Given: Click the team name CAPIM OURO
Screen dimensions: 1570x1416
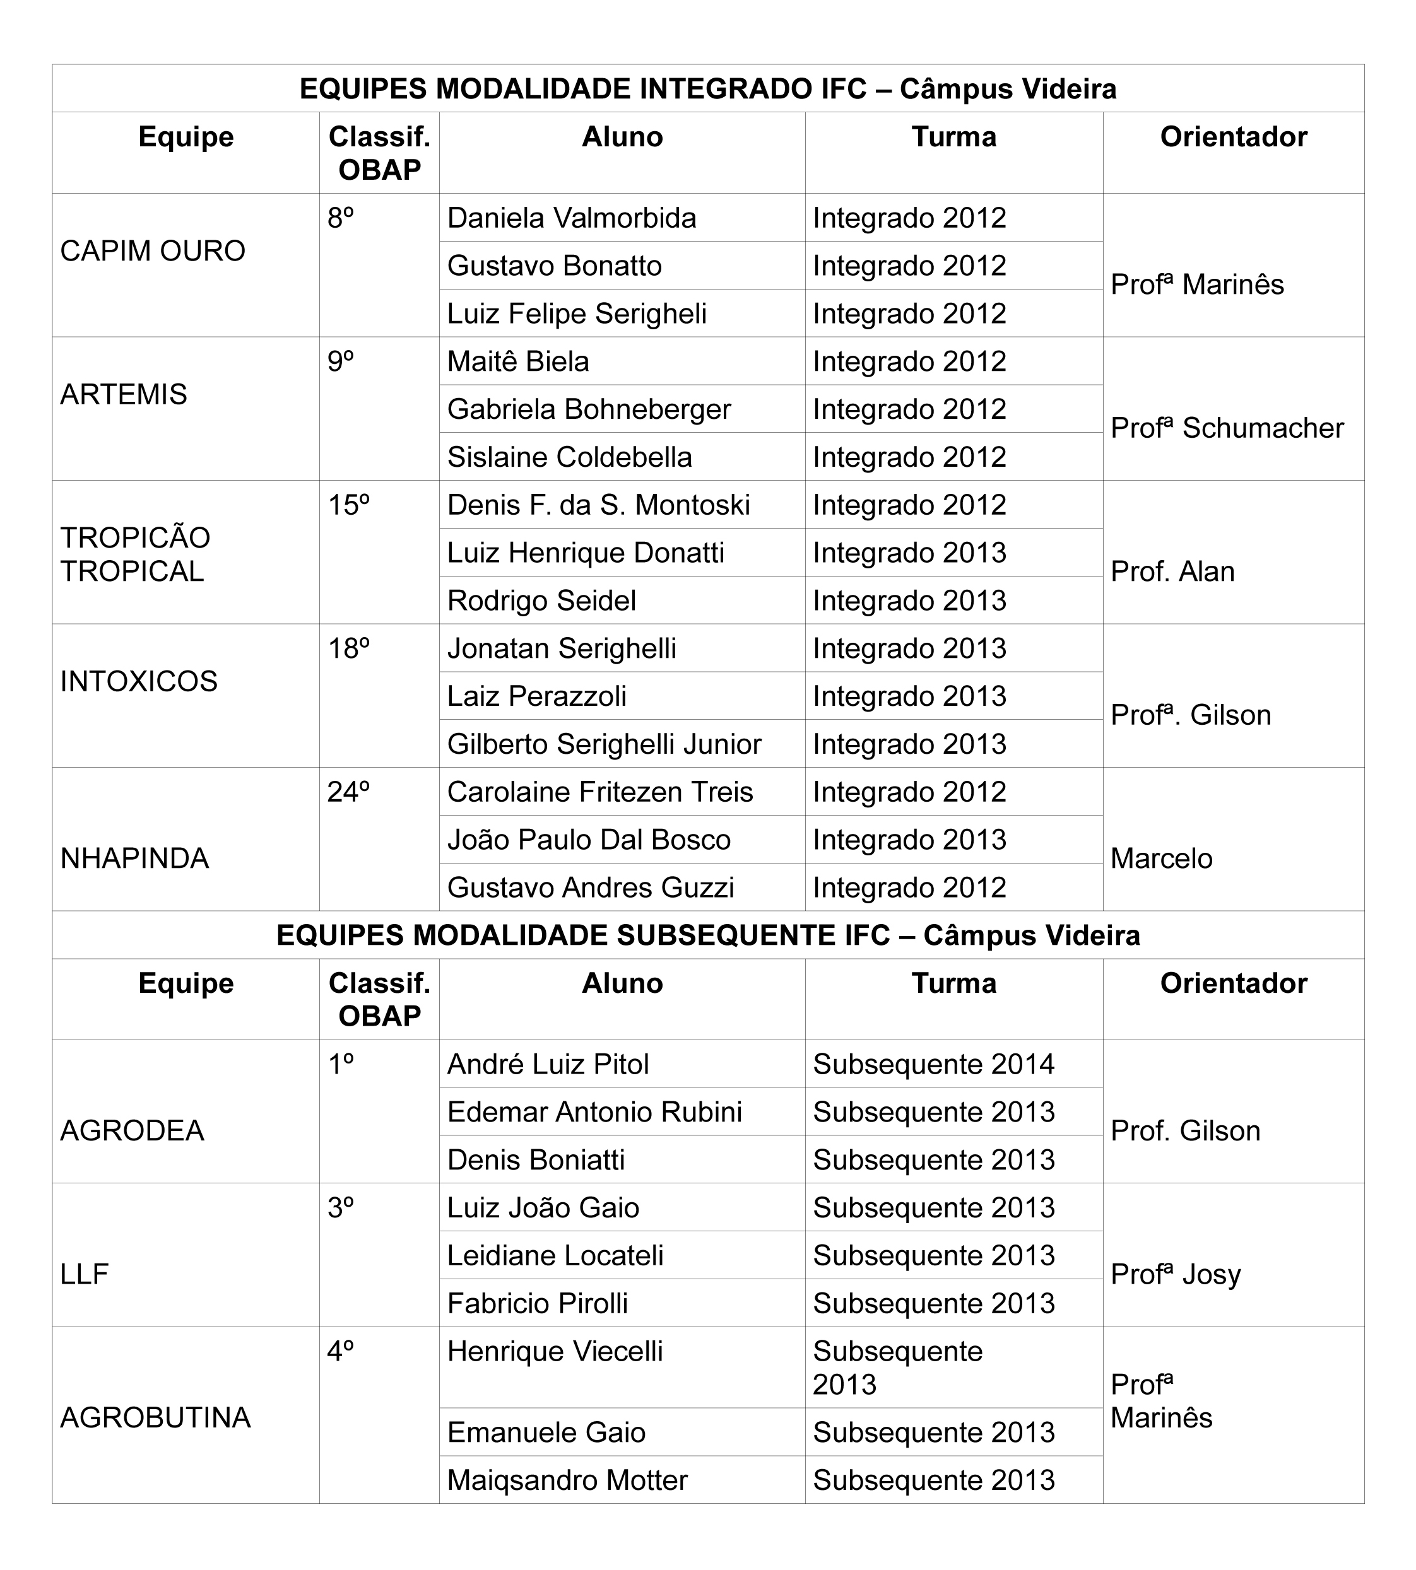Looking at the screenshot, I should coord(153,251).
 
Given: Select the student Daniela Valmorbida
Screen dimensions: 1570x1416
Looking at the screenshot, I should coord(571,218).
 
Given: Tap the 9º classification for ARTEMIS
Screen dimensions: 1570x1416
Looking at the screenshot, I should coord(341,361).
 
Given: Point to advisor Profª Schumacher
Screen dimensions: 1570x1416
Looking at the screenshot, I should coord(1227,428).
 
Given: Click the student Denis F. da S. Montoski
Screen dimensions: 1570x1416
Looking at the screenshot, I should coord(598,505).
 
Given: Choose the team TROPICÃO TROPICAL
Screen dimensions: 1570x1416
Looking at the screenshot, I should coord(136,554).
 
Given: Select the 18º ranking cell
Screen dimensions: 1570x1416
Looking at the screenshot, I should coord(348,648).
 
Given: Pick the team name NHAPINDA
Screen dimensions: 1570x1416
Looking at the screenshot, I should coord(134,858).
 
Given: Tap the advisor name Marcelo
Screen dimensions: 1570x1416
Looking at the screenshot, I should coord(1162,858).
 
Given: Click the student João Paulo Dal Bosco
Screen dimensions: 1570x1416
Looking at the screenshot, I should coord(589,840).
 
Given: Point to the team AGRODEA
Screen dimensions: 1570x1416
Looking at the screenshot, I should coord(133,1130).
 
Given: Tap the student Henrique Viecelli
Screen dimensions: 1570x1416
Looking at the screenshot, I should coord(555,1352).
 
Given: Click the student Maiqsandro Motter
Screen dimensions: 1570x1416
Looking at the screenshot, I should coord(567,1480).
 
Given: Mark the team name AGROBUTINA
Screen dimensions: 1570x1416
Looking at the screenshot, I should coord(156,1417).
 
